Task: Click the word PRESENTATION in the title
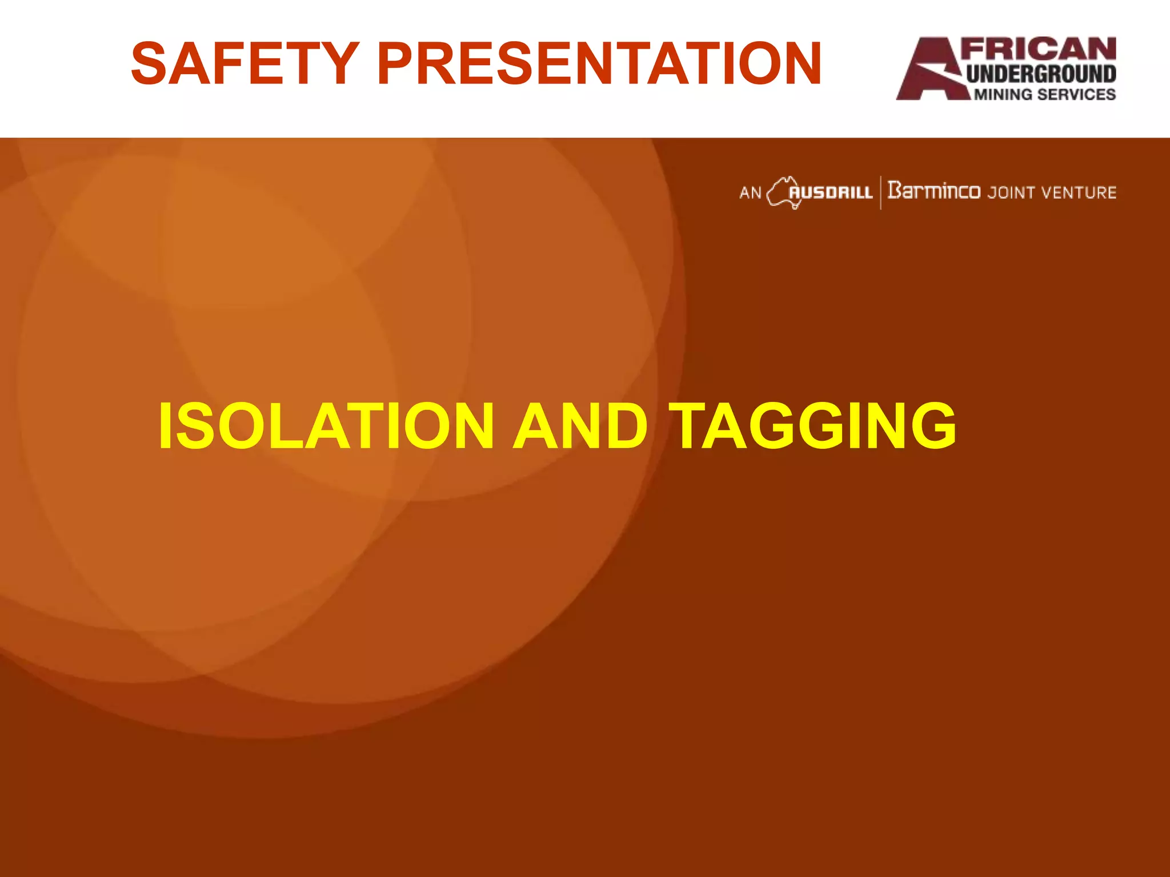599,63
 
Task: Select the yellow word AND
580,426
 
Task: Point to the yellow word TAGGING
813,426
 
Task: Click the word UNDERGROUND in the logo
1041,74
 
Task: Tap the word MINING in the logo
1003,94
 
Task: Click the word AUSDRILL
830,193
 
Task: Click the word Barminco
934,191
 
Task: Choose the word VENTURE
1079,193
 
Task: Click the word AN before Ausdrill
750,193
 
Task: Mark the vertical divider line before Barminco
880,192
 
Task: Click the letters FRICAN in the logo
1038,50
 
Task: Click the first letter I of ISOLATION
166,426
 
